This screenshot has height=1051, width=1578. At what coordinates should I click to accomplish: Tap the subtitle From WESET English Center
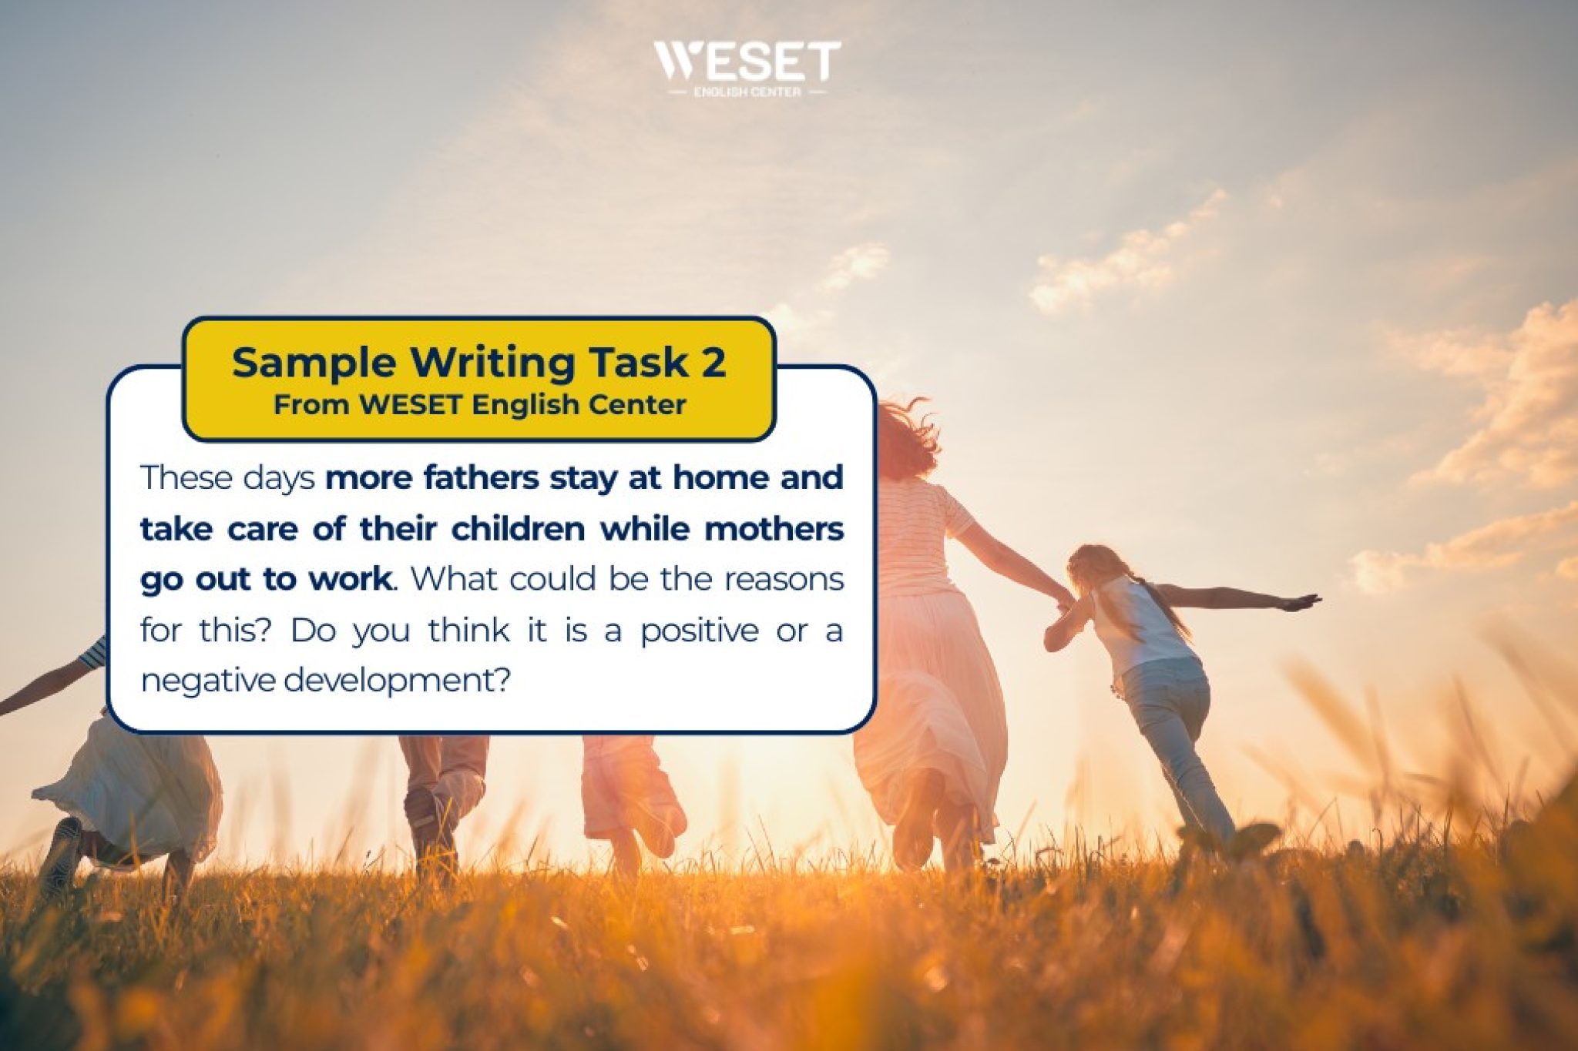tap(479, 404)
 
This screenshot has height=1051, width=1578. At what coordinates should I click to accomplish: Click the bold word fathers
tap(481, 477)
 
